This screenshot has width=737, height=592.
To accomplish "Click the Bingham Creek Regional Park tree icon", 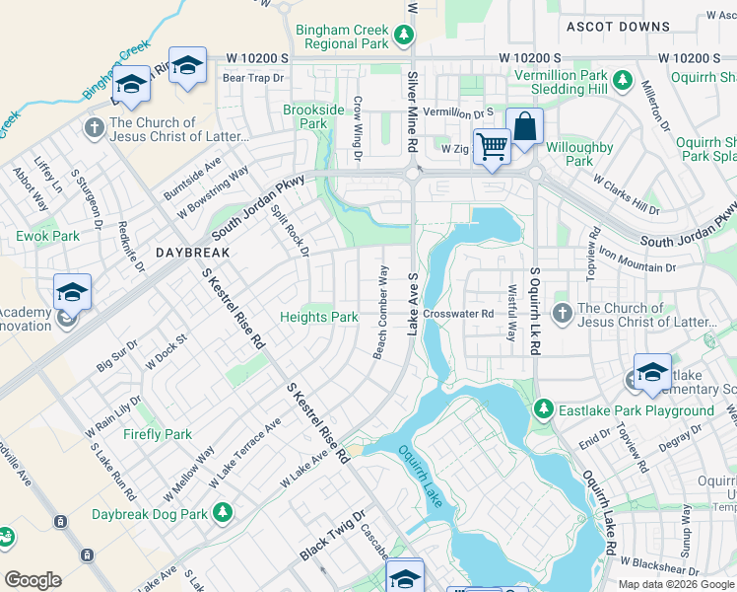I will [x=403, y=37].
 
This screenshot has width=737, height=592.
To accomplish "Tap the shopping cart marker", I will [x=492, y=147].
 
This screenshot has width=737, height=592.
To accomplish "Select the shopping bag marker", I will [x=524, y=128].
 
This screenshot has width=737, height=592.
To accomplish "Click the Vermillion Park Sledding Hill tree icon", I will [x=622, y=78].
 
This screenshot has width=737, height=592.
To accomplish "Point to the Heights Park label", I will [x=319, y=317].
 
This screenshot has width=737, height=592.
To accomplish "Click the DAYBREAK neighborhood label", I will [x=192, y=254].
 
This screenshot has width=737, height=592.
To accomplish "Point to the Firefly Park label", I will [x=158, y=434].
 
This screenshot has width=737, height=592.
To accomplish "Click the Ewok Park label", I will [x=47, y=237].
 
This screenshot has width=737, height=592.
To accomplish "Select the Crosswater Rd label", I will [x=457, y=314].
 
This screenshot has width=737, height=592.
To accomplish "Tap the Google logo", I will [x=33, y=581].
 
